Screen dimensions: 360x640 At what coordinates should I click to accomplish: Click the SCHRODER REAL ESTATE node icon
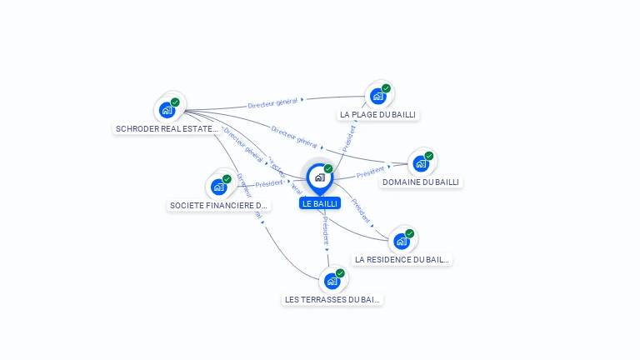tap(168, 109)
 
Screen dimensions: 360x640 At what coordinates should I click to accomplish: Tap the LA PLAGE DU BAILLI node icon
tap(378, 96)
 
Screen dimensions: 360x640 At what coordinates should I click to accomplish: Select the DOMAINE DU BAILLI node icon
tap(422, 163)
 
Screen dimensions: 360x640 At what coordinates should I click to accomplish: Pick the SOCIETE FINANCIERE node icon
tap(219, 187)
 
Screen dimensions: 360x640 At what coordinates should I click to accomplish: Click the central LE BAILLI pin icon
tap(319, 177)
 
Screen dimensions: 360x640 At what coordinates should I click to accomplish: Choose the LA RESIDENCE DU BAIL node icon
tap(402, 241)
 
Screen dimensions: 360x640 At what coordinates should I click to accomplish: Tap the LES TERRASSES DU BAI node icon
tap(332, 281)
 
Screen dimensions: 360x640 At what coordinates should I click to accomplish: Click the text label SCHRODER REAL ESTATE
tap(167, 129)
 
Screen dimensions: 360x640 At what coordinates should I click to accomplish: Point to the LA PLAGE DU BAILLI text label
tap(377, 114)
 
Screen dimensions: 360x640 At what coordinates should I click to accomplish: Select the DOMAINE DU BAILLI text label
tap(421, 182)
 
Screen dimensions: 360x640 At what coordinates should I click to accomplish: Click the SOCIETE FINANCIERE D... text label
tap(219, 205)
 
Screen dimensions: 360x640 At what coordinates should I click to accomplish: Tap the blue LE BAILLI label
tap(320, 203)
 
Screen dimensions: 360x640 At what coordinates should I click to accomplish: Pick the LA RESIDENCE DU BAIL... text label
tap(402, 259)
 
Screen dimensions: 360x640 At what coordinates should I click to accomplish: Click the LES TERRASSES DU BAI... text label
tap(332, 299)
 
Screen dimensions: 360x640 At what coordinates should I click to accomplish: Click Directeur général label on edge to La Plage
tap(273, 102)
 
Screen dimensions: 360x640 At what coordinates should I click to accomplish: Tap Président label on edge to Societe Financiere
tap(270, 183)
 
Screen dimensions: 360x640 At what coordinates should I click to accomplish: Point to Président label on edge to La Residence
tap(361, 212)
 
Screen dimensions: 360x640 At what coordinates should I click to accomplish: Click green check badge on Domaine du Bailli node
tap(429, 156)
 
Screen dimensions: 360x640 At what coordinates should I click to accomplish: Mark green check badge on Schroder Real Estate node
tap(175, 102)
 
